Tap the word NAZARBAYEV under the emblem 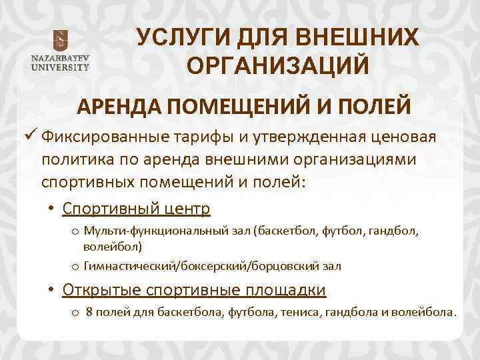click(x=59, y=59)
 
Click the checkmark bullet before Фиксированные click(x=30, y=137)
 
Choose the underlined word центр click(x=184, y=209)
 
